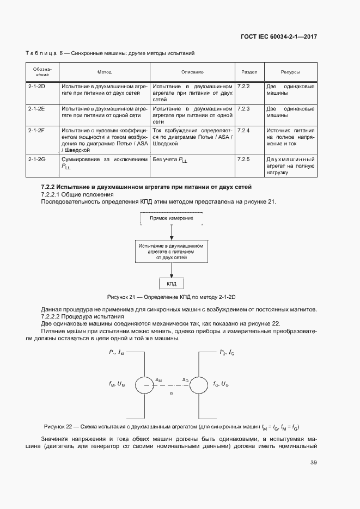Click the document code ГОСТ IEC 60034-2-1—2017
[x=278, y=37]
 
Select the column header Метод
[x=104, y=72]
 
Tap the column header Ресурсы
[x=290, y=72]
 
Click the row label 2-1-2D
[x=36, y=87]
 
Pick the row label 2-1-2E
[x=36, y=109]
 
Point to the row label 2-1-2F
[x=36, y=131]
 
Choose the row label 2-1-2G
[x=36, y=160]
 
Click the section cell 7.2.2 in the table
[x=244, y=87]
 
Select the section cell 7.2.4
[x=244, y=131]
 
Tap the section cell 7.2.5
[x=244, y=160]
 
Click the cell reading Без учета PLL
[x=173, y=160]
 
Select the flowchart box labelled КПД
[x=172, y=284]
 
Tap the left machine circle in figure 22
[x=145, y=385]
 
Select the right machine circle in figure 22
[x=198, y=385]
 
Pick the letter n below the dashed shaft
[x=171, y=393]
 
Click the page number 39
[x=313, y=463]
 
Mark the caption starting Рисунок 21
[x=175, y=297]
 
